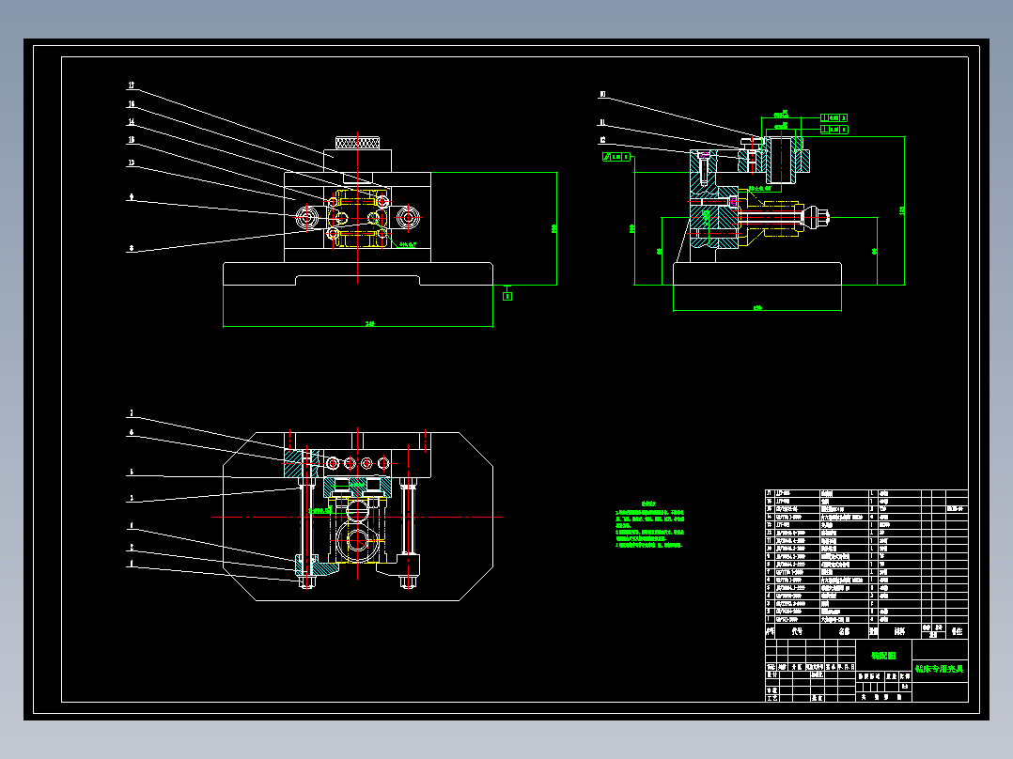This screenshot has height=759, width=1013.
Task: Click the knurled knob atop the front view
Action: (358, 144)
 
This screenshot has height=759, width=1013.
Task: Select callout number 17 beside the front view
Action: (132, 85)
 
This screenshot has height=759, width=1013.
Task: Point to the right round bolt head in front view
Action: (408, 218)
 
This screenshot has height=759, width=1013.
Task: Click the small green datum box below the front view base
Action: (507, 295)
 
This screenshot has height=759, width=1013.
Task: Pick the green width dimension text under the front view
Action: (370, 324)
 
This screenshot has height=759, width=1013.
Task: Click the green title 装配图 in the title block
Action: (883, 656)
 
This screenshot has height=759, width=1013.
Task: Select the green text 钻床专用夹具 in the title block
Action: (940, 668)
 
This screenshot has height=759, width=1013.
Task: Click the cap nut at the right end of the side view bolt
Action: (820, 218)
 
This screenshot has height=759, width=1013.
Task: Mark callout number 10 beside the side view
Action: (602, 95)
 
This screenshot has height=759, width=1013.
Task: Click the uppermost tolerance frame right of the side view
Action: (834, 117)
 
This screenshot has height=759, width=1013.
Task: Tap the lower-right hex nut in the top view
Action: (408, 582)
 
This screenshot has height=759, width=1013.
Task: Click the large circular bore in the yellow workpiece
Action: (359, 542)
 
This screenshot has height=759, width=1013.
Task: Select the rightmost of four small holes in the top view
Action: (383, 463)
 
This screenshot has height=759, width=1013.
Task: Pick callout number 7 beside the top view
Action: (132, 413)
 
